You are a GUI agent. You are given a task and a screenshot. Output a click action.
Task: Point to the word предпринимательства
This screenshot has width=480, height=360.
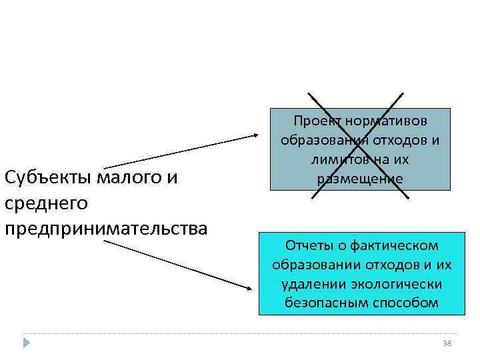105,229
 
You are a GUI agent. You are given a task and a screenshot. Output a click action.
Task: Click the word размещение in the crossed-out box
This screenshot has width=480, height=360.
361,179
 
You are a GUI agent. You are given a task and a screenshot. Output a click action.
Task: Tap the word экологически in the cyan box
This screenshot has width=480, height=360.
397,283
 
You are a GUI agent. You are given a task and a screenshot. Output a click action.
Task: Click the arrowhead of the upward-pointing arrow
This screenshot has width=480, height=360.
259,135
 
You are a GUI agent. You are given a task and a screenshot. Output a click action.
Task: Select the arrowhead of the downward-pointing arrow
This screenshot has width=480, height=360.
249,288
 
